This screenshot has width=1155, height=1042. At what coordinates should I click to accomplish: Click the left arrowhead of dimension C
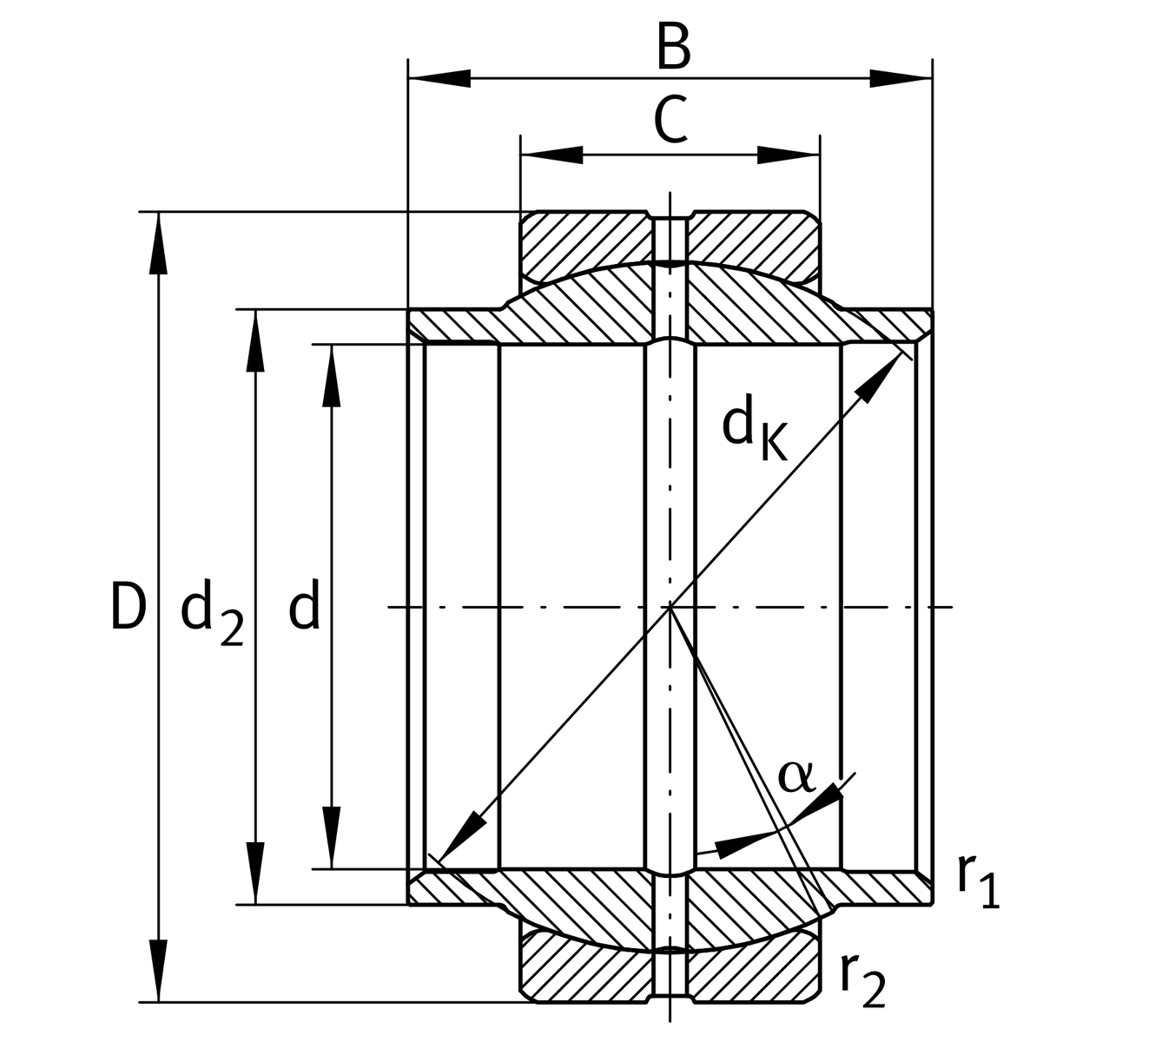click(551, 155)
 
